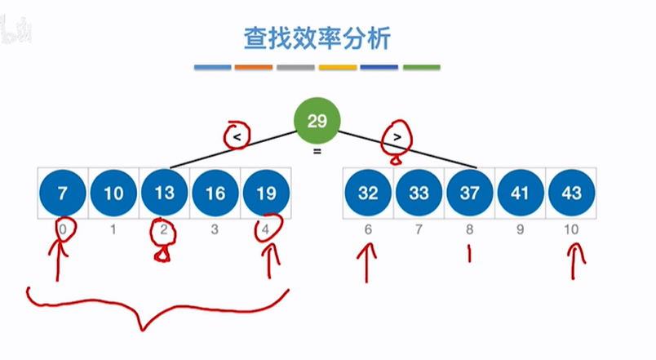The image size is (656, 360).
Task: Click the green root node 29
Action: [x=317, y=122]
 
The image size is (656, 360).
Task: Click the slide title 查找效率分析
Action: [x=317, y=38]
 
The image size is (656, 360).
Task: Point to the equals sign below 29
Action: [x=317, y=151]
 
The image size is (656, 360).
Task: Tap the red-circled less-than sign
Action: [x=237, y=137]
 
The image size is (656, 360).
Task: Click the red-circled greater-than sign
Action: [x=397, y=137]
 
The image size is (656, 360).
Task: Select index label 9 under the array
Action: [x=521, y=229]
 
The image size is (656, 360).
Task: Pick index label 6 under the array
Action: [x=368, y=229]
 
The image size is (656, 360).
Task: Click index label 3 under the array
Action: [x=215, y=229]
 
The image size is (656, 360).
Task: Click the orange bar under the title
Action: [x=254, y=67]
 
